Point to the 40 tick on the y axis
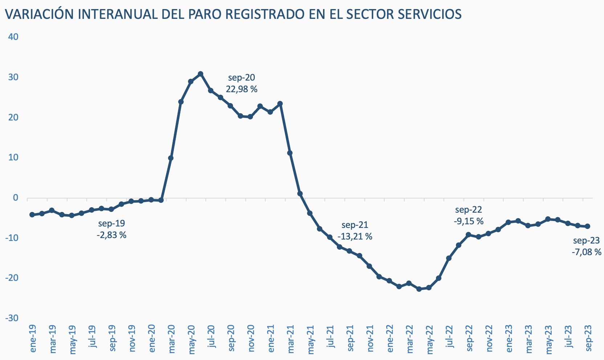click(13, 37)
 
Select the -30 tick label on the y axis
click(12, 318)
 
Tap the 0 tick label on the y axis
click(16, 198)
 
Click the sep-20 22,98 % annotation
click(241, 83)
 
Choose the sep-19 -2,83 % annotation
click(111, 229)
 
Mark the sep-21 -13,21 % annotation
click(355, 231)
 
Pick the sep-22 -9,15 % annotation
click(468, 215)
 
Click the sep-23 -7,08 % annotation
click(586, 246)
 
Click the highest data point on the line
click(200, 74)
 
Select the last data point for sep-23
click(588, 226)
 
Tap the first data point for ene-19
click(32, 215)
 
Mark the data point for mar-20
click(171, 158)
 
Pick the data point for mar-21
click(290, 153)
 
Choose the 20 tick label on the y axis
click(13, 118)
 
